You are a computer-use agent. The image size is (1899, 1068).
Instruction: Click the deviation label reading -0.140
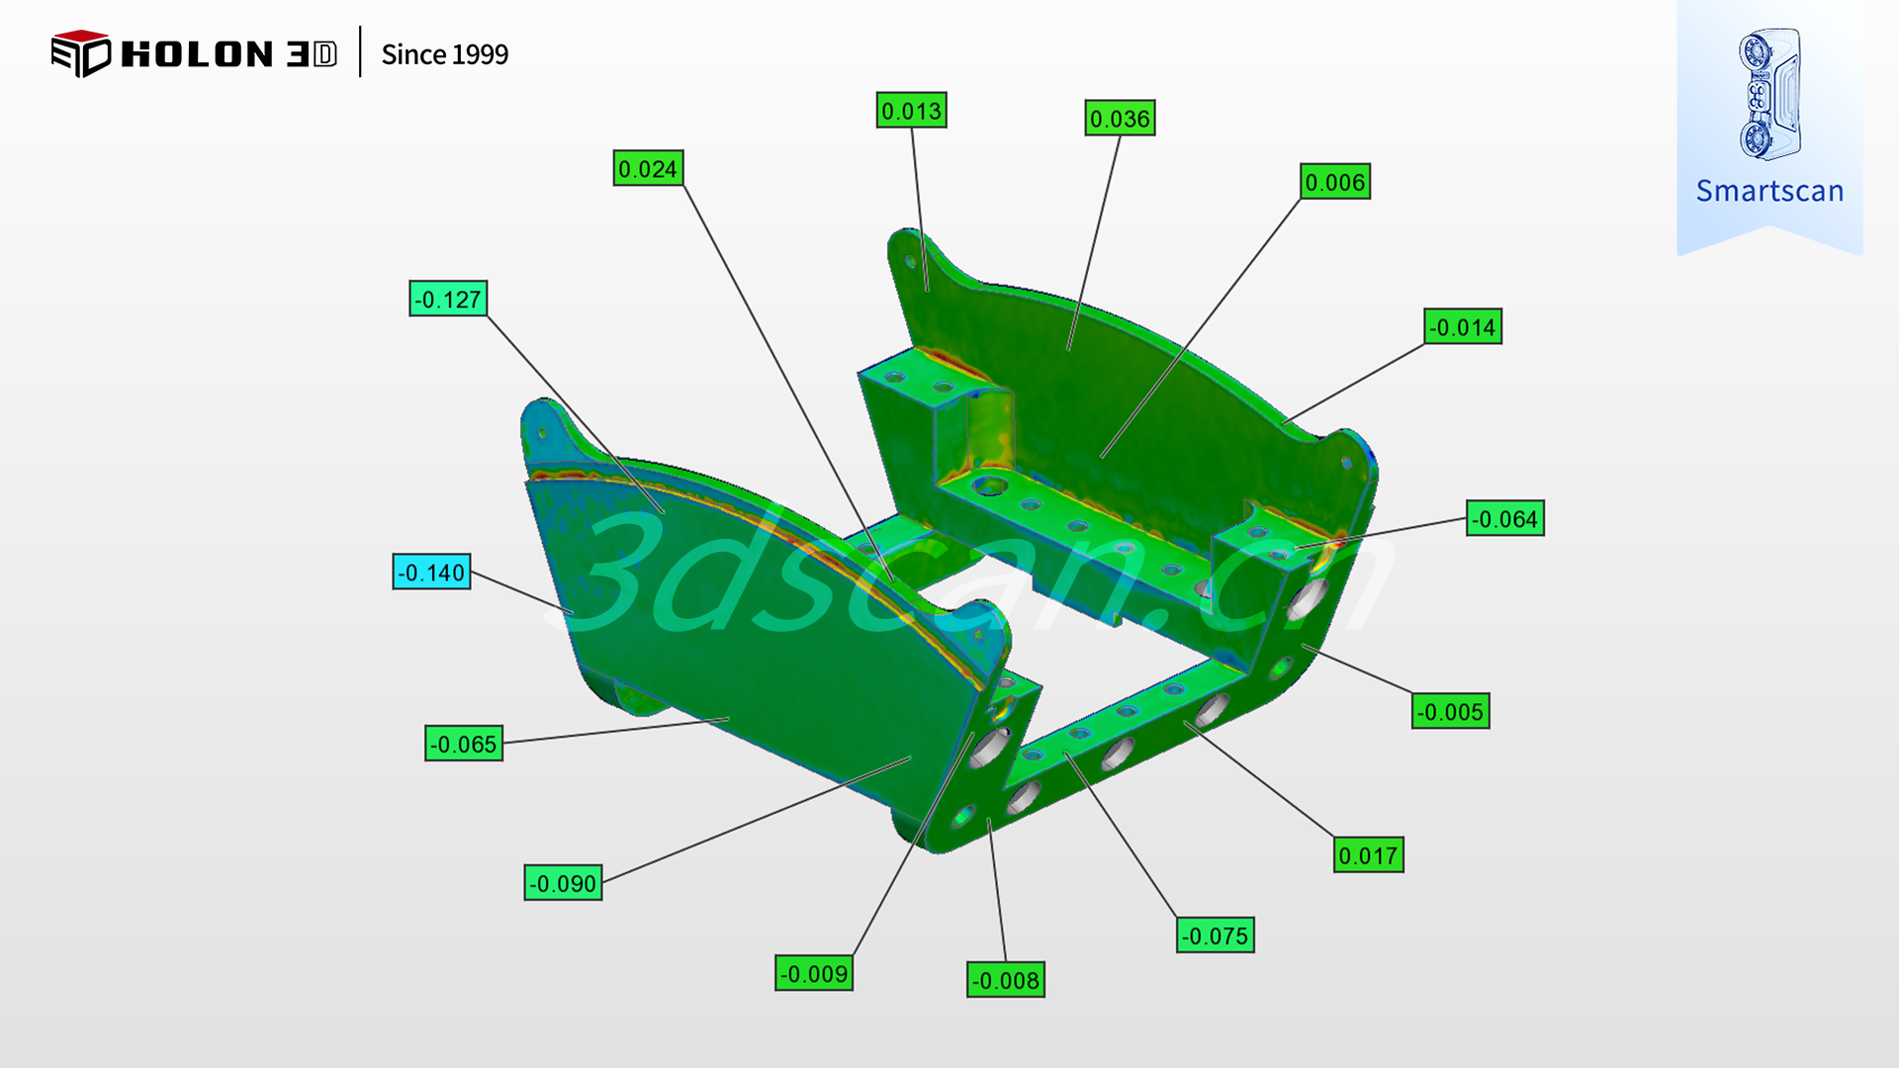pyautogui.click(x=431, y=572)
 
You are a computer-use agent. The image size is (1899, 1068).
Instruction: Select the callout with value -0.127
pyautogui.click(x=448, y=299)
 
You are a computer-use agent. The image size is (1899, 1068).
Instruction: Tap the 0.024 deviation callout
pyautogui.click(x=648, y=169)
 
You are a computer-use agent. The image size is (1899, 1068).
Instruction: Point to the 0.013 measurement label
pyautogui.click(x=911, y=111)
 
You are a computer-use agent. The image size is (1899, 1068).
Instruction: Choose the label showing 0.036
pyautogui.click(x=1120, y=119)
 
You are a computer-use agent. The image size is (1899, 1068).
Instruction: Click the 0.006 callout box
pyautogui.click(x=1335, y=182)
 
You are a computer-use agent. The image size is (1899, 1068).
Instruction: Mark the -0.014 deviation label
pyautogui.click(x=1463, y=326)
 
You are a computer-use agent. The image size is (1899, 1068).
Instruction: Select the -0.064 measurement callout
pyautogui.click(x=1505, y=518)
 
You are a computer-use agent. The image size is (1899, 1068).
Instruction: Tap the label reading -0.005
pyautogui.click(x=1451, y=711)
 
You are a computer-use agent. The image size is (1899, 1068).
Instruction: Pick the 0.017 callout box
pyautogui.click(x=1369, y=855)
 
